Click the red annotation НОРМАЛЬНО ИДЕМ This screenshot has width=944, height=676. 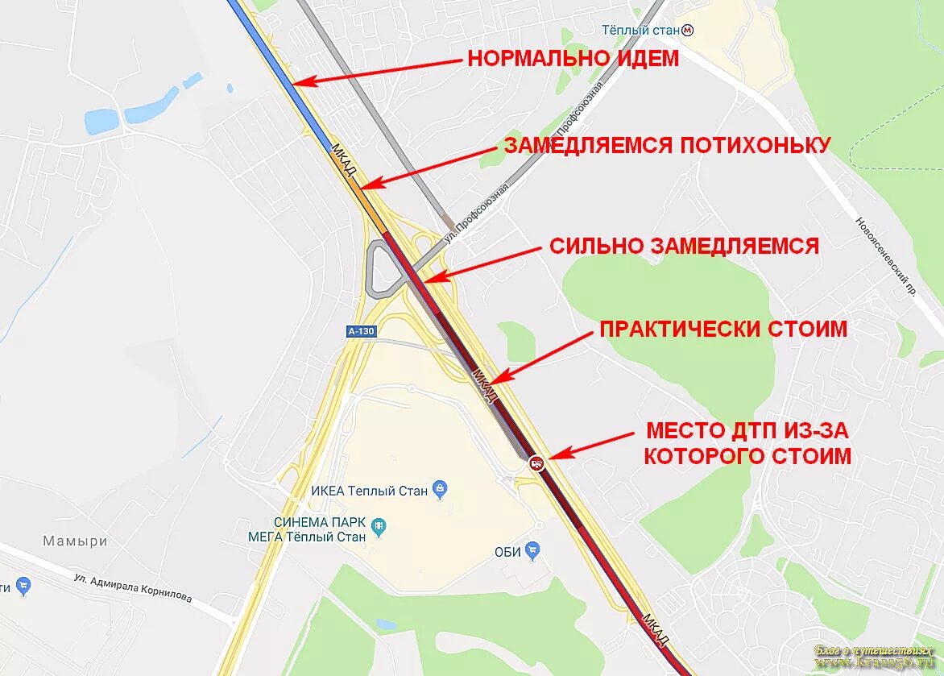[x=573, y=58]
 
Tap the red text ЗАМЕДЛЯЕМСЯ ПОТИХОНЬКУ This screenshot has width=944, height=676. [x=666, y=145]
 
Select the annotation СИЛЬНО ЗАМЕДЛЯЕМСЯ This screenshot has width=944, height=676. [x=684, y=246]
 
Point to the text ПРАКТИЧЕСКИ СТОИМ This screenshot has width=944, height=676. [x=722, y=329]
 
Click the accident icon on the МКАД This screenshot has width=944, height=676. [x=536, y=463]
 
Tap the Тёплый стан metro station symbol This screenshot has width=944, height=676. [x=687, y=31]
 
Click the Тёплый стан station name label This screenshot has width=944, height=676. [x=640, y=31]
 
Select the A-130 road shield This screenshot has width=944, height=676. [x=362, y=331]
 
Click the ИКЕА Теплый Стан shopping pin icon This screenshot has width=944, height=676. [x=440, y=488]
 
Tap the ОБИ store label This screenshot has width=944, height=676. [x=507, y=552]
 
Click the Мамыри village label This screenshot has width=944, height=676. [x=75, y=541]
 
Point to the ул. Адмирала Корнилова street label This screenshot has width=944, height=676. [x=133, y=588]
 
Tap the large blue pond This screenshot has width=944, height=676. [x=102, y=122]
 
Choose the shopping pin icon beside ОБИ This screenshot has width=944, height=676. [x=532, y=551]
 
